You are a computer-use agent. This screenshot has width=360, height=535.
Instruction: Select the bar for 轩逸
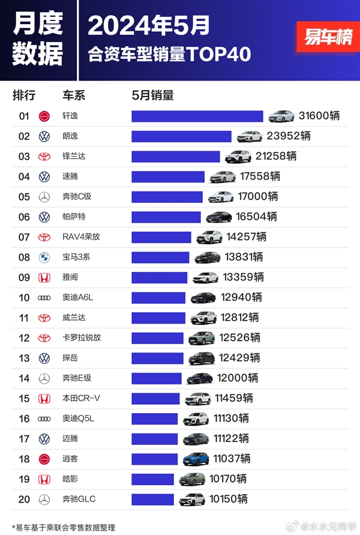pyautogui.click(x=197, y=116)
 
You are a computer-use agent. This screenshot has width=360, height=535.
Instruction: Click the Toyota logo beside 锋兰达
pyautogui.click(x=44, y=157)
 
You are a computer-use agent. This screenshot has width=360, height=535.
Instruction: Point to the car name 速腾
pyautogui.click(x=70, y=177)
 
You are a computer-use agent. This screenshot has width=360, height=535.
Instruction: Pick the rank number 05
pyautogui.click(x=24, y=197)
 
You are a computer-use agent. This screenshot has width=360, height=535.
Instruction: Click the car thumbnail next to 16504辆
pyautogui.click(x=219, y=217)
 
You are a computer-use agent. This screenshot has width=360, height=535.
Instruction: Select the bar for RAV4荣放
pyautogui.click(x=161, y=237)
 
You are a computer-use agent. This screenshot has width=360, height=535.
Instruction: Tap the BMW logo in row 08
pyautogui.click(x=44, y=257)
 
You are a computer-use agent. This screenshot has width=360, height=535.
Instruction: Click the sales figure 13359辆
pyautogui.click(x=243, y=277)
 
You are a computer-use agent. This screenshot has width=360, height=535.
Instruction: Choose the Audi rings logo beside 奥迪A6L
pyautogui.click(x=44, y=298)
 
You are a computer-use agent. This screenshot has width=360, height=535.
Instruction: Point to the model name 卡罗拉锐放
pyautogui.click(x=82, y=338)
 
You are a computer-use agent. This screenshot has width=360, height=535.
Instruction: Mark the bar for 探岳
pyautogui.click(x=158, y=358)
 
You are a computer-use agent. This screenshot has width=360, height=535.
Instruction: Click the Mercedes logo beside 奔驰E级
pyautogui.click(x=44, y=378)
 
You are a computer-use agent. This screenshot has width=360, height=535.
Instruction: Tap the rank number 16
pyautogui.click(x=24, y=419)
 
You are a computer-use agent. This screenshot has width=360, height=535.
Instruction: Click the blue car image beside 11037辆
pyautogui.click(x=196, y=459)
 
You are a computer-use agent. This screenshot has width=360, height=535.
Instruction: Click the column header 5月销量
pyautogui.click(x=152, y=95)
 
